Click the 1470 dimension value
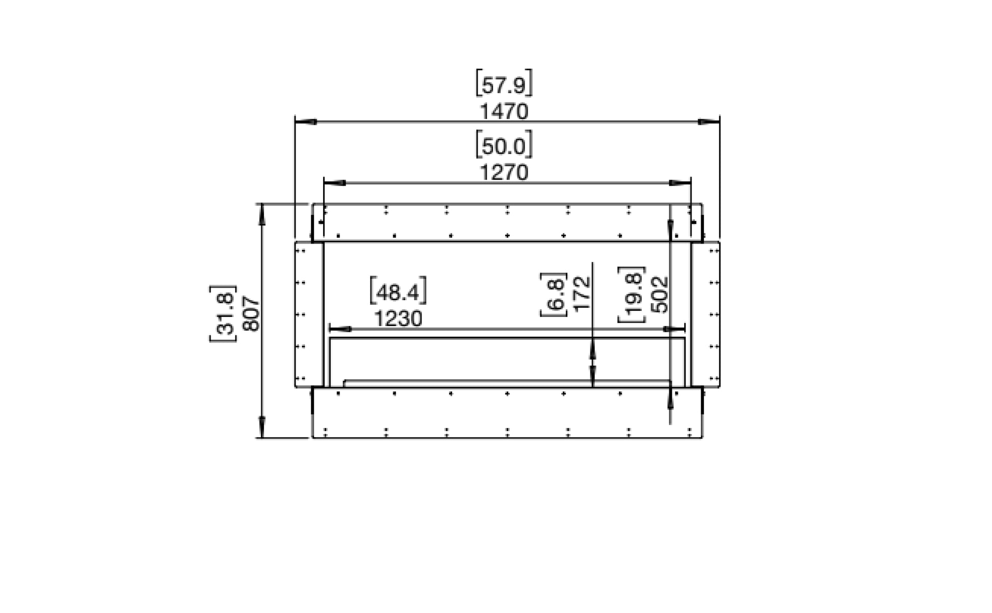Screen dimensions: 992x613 [x=504, y=112]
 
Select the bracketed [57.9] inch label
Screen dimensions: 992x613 [x=504, y=85]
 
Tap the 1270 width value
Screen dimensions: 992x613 [x=504, y=173]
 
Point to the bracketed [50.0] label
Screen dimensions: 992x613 [x=504, y=146]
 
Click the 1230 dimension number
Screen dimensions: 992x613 [x=398, y=319]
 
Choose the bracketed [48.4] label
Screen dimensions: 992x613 [x=398, y=292]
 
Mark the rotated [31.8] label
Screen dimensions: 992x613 [x=223, y=313]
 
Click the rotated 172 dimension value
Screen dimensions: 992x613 [x=582, y=292]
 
